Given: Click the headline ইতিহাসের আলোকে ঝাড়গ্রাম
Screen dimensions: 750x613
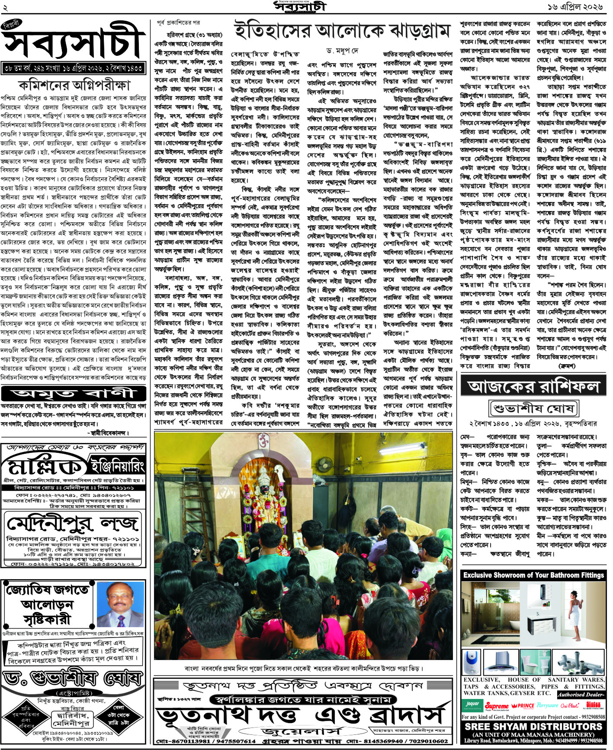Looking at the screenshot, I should pos(342,31).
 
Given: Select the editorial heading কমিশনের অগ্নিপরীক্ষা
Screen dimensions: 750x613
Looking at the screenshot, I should pos(74,85).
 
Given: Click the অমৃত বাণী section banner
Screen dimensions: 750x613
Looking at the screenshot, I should pos(74,394).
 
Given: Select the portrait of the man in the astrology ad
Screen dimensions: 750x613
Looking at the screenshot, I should pos(122,604).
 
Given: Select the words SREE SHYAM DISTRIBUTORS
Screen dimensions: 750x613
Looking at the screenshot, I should pos(533,727).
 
